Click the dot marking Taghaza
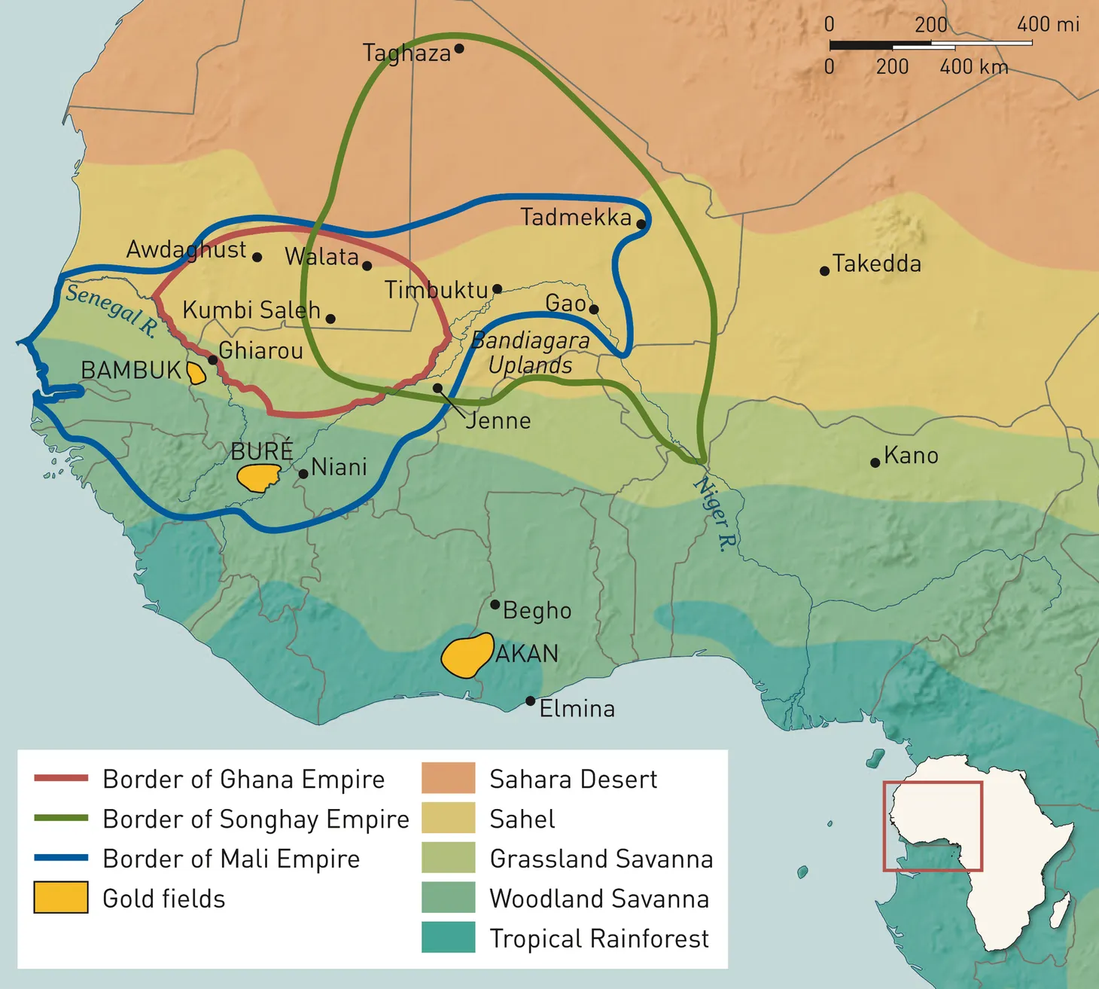tap(459, 48)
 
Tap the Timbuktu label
tap(436, 290)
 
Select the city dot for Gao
tap(594, 309)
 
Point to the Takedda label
tap(877, 264)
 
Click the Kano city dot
tap(875, 462)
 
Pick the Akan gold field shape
tap(467, 655)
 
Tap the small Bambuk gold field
tap(196, 373)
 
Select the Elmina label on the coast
tap(577, 709)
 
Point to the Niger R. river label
tap(716, 514)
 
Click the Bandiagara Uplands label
tap(531, 353)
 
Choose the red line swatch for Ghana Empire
tap(61, 778)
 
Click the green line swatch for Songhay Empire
tap(61, 818)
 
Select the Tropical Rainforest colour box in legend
tap(448, 938)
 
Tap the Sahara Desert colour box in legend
tap(448, 778)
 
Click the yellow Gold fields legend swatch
tap(61, 898)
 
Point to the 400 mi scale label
tap(1047, 24)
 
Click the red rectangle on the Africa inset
tap(932, 783)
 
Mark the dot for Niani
tap(303, 474)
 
